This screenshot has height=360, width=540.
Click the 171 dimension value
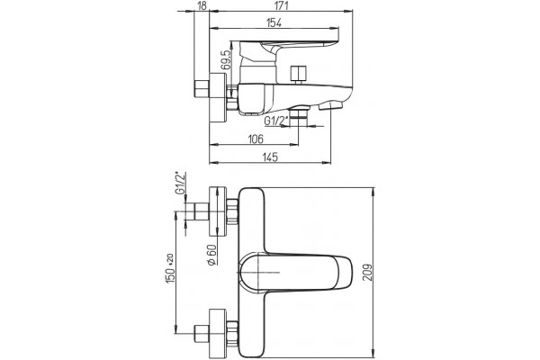(282, 5)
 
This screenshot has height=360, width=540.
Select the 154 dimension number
(274, 22)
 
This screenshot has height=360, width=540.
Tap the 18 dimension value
(203, 5)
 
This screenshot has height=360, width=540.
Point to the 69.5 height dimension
(225, 60)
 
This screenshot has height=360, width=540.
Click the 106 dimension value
(256, 139)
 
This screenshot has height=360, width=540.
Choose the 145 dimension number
(270, 157)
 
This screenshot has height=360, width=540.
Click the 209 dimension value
(368, 273)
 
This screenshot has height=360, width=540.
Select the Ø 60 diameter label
(211, 255)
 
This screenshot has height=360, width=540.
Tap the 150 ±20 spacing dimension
(170, 269)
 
